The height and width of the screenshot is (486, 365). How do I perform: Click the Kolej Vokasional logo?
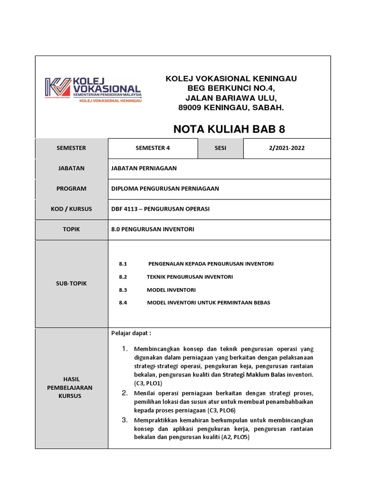pos(93,89)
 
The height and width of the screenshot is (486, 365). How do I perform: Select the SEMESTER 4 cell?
pos(153,148)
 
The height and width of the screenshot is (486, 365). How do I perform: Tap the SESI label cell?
pos(221,148)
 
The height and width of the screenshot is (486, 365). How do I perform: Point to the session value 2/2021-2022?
pos(287,148)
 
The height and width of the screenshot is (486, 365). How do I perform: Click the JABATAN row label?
pos(71,168)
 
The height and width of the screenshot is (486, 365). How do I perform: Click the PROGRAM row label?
pos(71,188)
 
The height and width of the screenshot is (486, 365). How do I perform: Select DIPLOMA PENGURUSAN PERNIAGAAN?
pos(165,188)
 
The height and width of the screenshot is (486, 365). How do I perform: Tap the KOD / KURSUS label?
pos(71,209)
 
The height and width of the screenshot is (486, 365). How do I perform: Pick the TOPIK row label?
pos(71,229)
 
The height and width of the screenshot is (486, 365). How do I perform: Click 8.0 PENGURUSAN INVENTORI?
pos(153,229)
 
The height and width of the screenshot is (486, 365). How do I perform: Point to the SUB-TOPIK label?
pos(71,283)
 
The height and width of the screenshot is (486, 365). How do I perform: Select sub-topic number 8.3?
pos(124,290)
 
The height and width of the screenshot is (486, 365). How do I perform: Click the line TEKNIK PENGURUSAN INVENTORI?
pos(190,277)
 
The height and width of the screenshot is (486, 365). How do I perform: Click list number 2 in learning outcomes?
pos(125,393)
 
